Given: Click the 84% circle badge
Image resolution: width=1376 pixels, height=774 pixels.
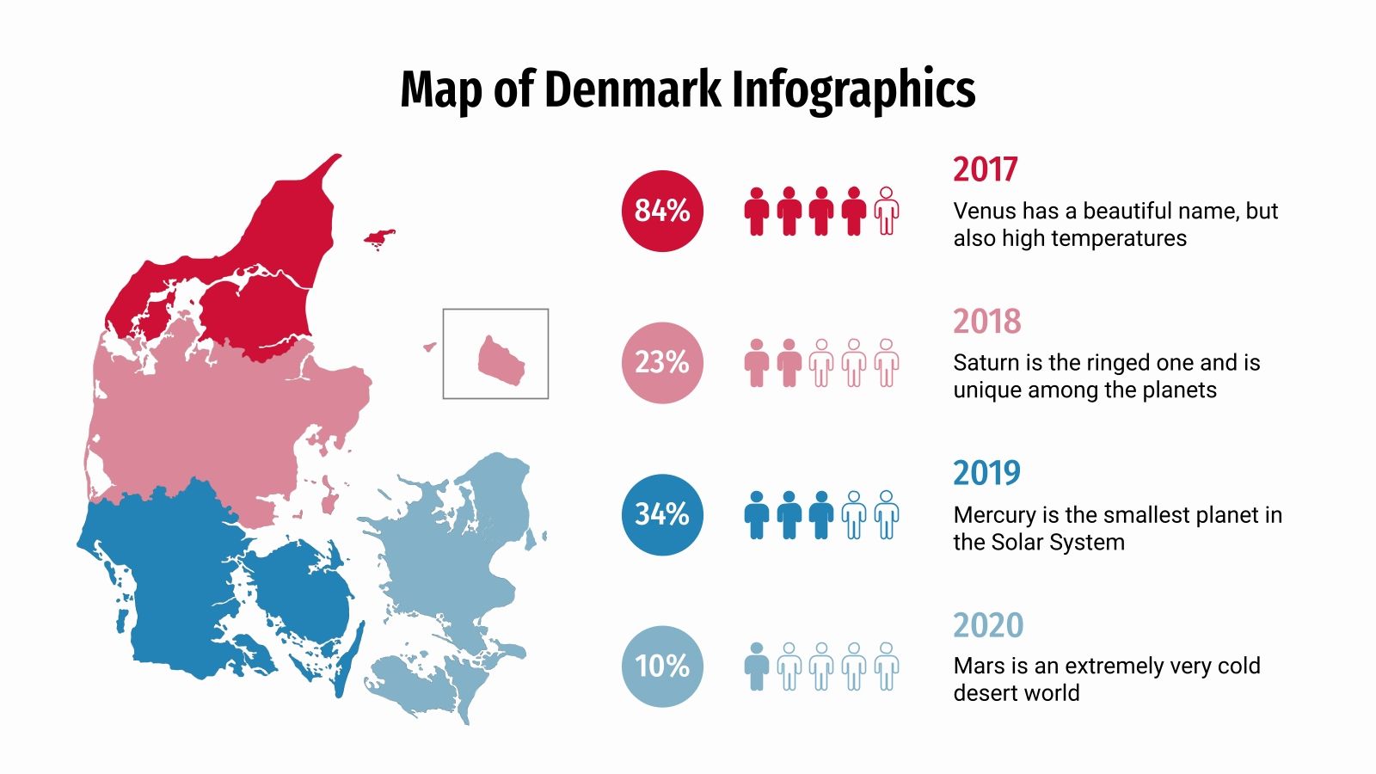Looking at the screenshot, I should (x=662, y=211).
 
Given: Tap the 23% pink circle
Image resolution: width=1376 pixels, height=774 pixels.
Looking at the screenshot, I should (x=662, y=362).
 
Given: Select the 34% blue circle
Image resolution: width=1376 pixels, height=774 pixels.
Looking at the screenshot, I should (x=662, y=514).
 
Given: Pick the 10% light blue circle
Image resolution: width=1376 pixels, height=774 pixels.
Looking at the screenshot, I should (x=662, y=666).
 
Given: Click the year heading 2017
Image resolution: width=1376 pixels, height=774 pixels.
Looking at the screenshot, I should (x=985, y=169).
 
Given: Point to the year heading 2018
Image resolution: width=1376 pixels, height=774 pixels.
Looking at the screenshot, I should (x=986, y=322).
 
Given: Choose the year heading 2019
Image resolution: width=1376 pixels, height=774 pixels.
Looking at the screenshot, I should (x=986, y=473).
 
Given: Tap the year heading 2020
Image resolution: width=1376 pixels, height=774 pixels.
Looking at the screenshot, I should (x=988, y=625).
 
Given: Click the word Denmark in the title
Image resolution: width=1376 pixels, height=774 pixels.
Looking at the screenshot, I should (x=633, y=89).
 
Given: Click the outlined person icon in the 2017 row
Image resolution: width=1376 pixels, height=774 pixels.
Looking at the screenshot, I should (x=887, y=211).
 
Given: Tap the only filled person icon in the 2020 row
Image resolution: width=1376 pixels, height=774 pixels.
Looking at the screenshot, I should (x=756, y=666).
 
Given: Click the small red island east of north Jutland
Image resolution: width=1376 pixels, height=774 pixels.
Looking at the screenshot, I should (x=379, y=236).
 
